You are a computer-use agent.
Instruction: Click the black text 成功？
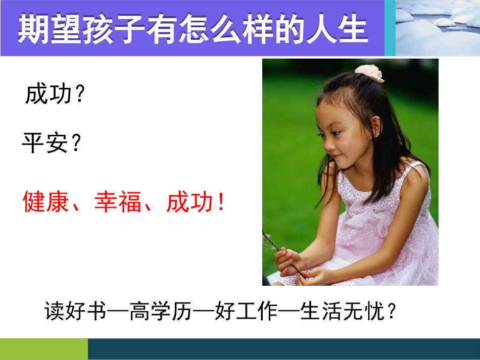[55, 94]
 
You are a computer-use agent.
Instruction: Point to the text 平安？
[52, 144]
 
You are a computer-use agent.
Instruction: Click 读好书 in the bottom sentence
[76, 311]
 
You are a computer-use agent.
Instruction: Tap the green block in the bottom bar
[44, 349]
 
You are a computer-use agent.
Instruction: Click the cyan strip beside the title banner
[390, 28]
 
